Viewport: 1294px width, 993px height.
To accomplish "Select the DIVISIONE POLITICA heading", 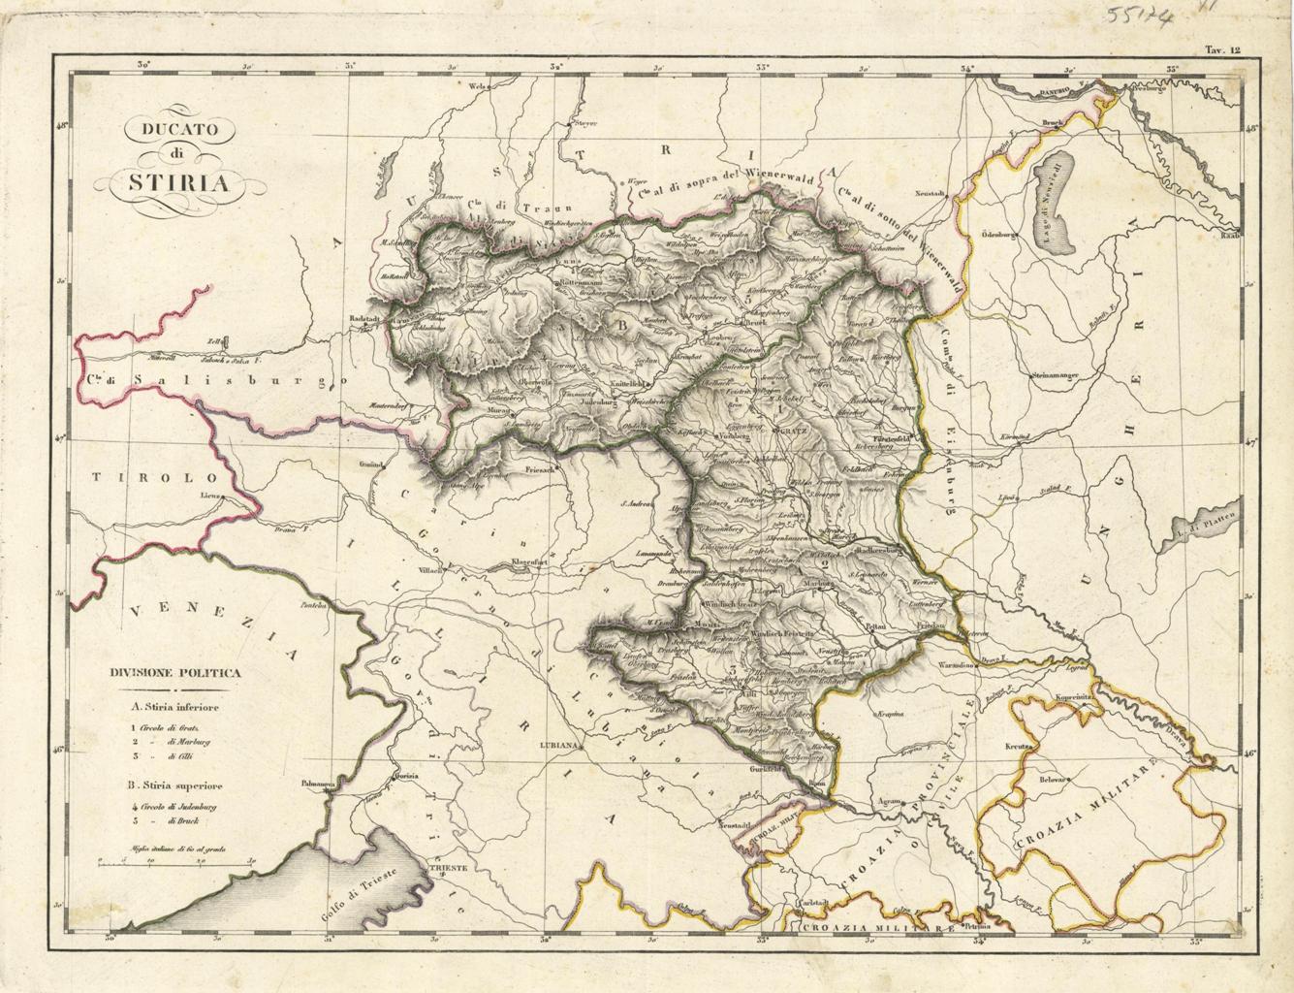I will [175, 671].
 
